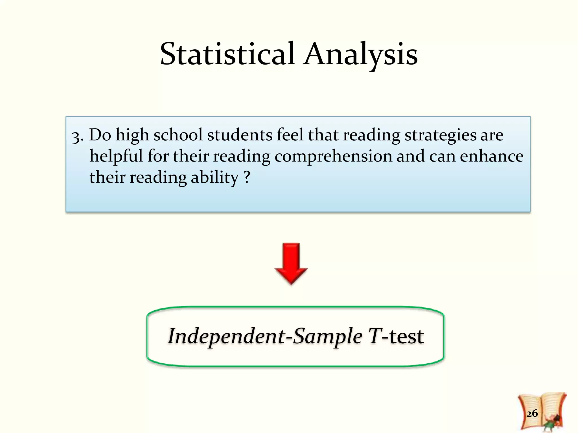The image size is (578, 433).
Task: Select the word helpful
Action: point(116,156)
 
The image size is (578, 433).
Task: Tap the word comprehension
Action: point(334,157)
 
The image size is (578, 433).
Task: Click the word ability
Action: point(214,178)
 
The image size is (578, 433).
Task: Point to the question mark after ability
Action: point(247,177)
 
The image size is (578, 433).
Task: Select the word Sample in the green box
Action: point(327,336)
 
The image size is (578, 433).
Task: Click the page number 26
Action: point(532,413)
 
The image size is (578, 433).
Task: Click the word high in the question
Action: point(132,135)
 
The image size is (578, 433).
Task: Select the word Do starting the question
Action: point(100,135)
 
